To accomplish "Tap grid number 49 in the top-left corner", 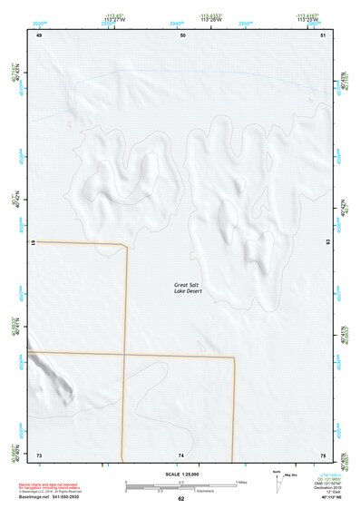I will tap(39, 35).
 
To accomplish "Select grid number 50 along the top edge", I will tap(182, 35).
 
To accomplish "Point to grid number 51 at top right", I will tap(324, 35).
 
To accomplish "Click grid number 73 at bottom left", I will tap(39, 454).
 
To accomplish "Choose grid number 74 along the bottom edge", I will tap(181, 454).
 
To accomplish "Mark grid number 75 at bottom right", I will tap(323, 454).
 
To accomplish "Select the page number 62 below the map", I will tap(181, 498).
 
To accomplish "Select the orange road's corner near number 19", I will tap(125, 245).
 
